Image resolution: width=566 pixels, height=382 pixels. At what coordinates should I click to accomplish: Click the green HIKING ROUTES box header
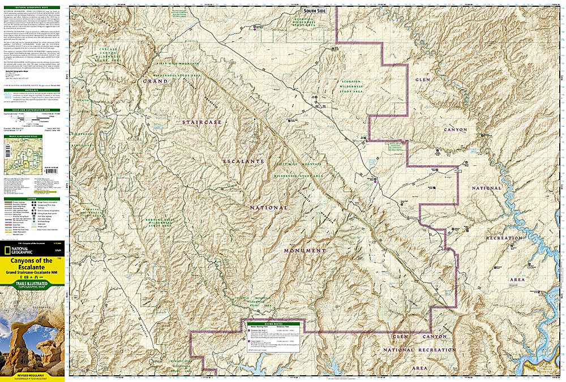click(x=274, y=320)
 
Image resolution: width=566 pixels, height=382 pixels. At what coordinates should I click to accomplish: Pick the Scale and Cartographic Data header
click(x=32, y=110)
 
